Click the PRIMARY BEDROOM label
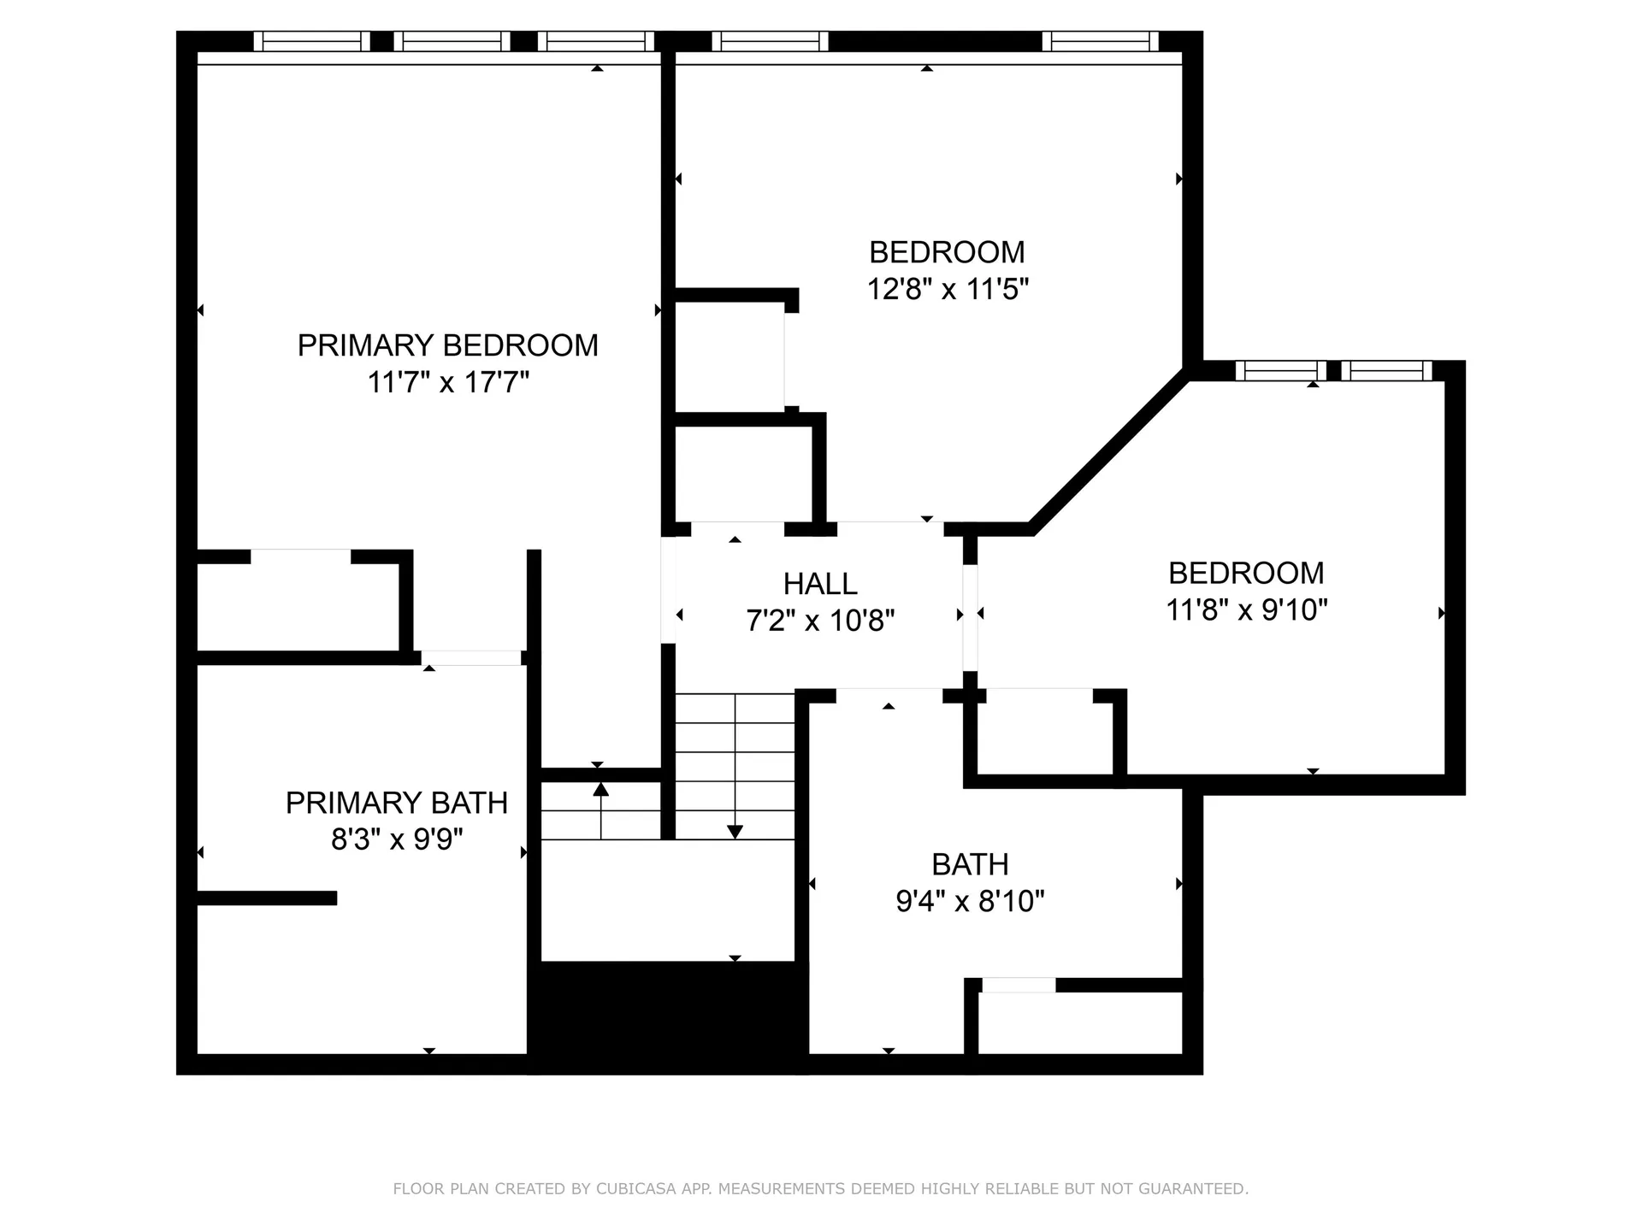pos(447,345)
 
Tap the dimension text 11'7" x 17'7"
pos(448,382)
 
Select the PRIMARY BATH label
pos(396,803)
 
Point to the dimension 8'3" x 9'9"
pos(397,839)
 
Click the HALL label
pos(820,584)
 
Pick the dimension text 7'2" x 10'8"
pos(820,621)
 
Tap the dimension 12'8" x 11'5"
pos(947,290)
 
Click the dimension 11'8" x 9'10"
pos(1246,610)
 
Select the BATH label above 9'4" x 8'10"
pos(970,864)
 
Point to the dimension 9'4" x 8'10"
pos(970,901)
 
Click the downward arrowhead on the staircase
pos(735,832)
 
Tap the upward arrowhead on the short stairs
pos(601,789)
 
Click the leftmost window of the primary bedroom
pos(311,41)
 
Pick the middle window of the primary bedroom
pos(452,41)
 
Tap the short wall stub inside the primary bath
pos(267,898)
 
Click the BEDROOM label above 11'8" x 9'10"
pos(1246,573)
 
